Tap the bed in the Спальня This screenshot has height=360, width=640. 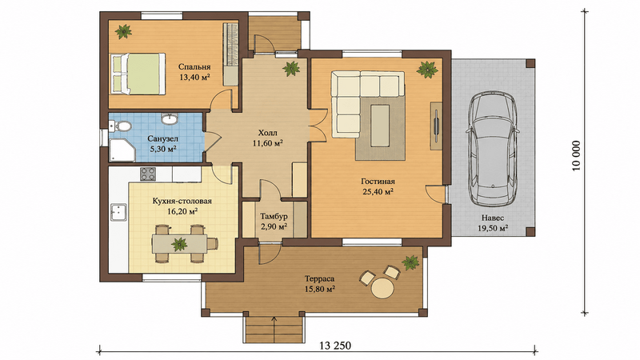tap(138, 74)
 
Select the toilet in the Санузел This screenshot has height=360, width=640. tap(121, 126)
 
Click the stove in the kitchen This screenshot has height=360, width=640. tap(148, 174)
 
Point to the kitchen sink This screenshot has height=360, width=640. tap(118, 212)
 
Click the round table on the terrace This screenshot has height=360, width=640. tap(382, 288)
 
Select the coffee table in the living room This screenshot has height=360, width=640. tap(379, 126)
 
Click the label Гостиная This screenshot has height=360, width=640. tap(378, 182)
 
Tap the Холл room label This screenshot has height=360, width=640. tap(267, 133)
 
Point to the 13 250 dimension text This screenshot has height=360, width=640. tap(335, 346)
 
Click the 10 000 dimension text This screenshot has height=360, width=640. tap(576, 156)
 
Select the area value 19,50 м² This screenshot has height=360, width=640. tap(493, 228)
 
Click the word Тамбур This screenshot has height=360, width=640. tap(274, 216)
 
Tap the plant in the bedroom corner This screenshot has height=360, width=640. tap(123, 31)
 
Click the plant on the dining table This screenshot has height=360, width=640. tap(178, 244)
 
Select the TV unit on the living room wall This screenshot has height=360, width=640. tap(436, 126)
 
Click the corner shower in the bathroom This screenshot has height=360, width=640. tap(122, 150)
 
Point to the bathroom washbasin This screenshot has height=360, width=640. tap(169, 118)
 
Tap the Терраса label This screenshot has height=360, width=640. tap(319, 279)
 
